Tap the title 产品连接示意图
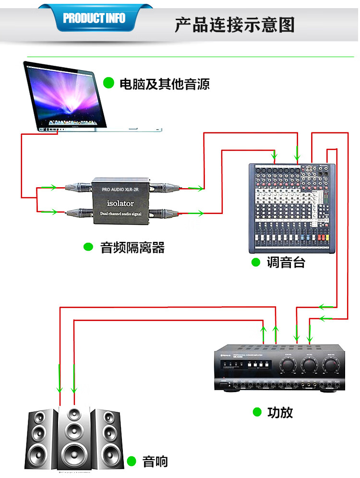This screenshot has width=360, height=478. [x=234, y=24]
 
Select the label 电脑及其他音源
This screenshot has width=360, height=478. [x=164, y=84]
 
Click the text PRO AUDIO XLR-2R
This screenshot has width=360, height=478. [x=120, y=190]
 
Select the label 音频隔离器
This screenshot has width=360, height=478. [x=132, y=248]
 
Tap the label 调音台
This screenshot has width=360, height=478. [x=286, y=263]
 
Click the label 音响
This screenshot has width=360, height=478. [x=155, y=462]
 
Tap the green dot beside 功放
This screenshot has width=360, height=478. [x=257, y=412]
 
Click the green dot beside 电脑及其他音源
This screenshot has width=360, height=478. [x=109, y=83]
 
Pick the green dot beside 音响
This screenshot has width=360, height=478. [x=132, y=462]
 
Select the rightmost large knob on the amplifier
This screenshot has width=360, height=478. [x=331, y=367]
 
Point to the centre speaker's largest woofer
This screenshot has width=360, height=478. [x=73, y=454]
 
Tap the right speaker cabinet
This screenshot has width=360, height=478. [x=107, y=439]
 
